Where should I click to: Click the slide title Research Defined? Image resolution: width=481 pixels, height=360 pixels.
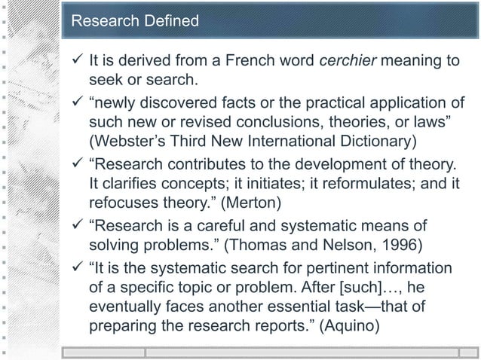tap(134, 20)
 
